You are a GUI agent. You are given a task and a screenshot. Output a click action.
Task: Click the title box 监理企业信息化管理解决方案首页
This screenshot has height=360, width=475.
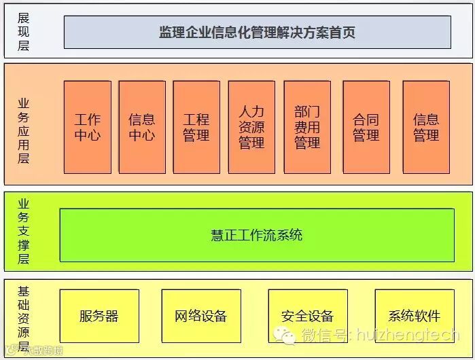click(257, 32)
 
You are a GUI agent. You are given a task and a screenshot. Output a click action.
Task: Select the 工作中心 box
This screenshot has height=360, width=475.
click(87, 127)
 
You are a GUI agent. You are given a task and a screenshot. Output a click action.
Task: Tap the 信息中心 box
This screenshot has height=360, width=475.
click(141, 127)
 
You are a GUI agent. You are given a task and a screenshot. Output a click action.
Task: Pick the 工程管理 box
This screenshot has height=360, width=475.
click(196, 127)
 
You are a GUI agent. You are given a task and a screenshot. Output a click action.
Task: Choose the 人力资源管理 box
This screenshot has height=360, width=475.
click(251, 127)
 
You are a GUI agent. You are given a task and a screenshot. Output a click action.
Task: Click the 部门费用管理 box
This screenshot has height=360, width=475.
click(307, 127)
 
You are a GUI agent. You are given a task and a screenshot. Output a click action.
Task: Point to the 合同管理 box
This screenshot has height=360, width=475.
click(366, 127)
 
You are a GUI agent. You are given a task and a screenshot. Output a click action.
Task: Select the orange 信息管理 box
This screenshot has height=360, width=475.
click(426, 127)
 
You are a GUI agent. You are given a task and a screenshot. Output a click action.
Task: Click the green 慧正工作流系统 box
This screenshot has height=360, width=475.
click(256, 235)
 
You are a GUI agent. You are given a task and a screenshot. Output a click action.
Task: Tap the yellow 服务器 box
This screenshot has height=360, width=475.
click(99, 316)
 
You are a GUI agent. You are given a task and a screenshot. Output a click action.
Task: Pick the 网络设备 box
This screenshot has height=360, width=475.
click(201, 316)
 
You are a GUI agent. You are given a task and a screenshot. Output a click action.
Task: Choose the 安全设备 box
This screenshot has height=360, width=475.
click(308, 316)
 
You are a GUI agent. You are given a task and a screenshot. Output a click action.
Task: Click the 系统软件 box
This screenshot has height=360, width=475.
click(415, 316)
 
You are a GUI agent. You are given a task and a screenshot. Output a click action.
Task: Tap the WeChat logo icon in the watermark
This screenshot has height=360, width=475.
click(285, 335)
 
